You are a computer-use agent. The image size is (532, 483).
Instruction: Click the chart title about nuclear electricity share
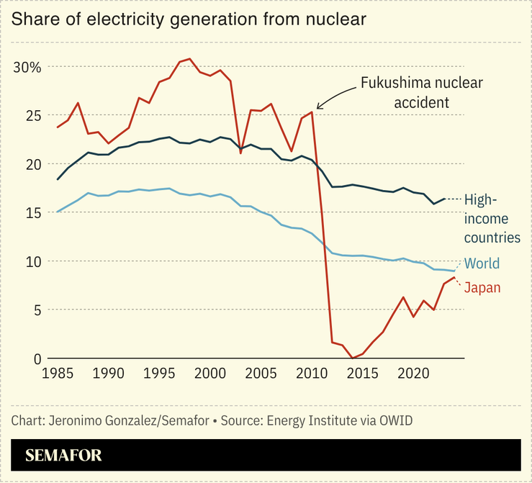189,19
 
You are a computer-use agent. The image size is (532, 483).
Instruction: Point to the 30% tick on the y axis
28,67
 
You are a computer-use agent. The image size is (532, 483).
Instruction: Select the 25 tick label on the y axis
33,115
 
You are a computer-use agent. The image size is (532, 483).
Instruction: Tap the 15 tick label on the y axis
33,212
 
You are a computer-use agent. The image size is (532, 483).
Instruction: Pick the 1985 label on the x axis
57,374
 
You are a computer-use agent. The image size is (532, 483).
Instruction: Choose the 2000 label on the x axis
210,374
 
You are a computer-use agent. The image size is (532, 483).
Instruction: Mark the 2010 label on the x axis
312,374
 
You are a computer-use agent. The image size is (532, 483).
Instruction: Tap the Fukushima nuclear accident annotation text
420,93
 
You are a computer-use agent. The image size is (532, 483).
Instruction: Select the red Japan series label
482,288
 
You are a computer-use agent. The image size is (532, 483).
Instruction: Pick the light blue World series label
482,263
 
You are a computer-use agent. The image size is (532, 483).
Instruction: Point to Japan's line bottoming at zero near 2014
352,358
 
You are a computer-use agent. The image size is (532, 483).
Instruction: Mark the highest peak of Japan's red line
189,59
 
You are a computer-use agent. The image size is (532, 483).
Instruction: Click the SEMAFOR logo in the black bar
63,455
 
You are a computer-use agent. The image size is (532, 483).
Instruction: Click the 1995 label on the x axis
159,374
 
